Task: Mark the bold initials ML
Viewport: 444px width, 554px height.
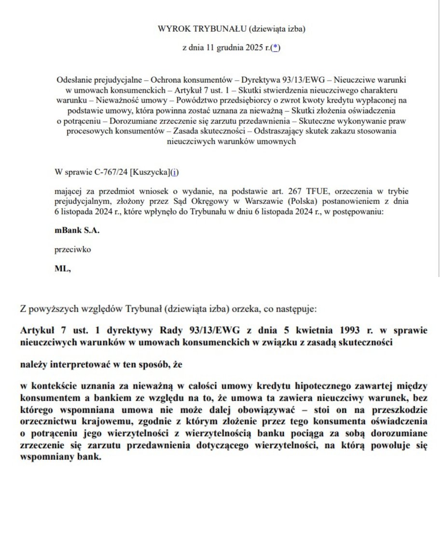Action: click(63, 270)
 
